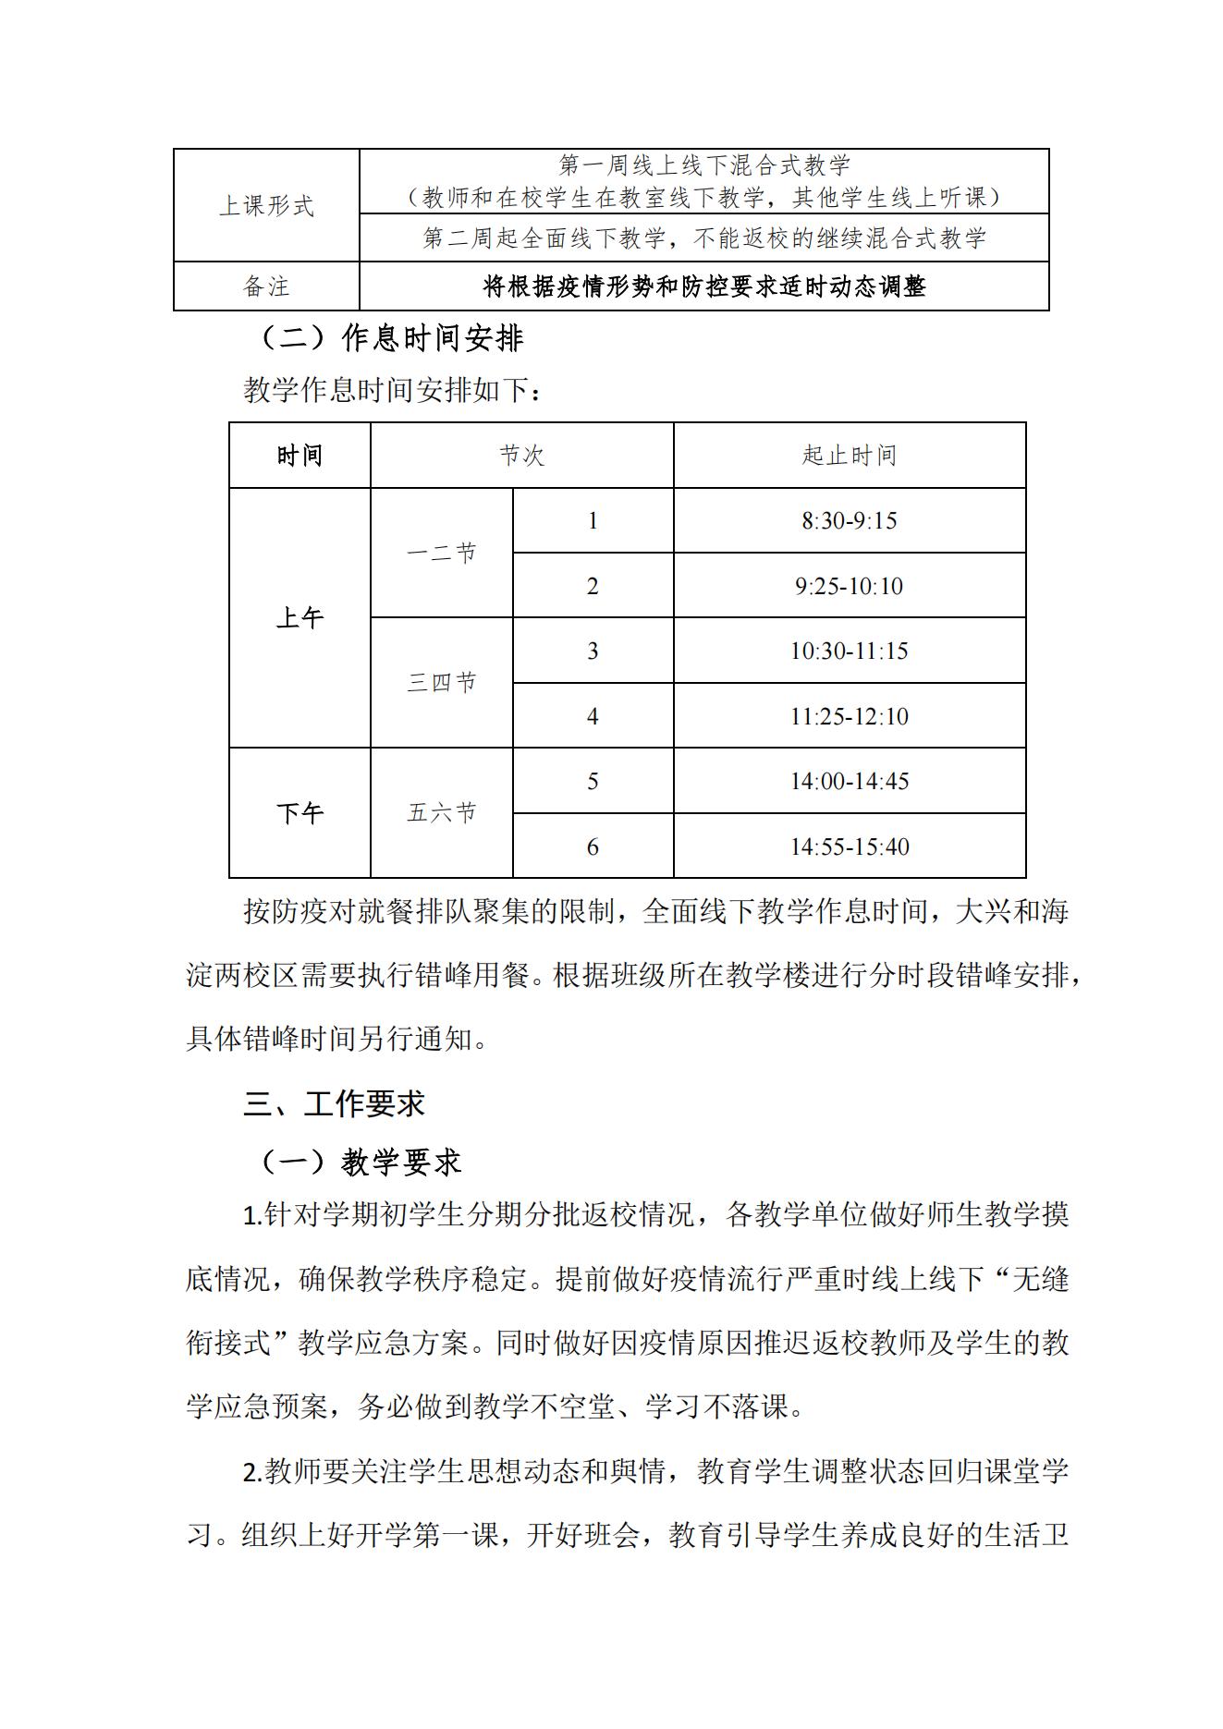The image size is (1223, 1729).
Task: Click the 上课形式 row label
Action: pos(266,205)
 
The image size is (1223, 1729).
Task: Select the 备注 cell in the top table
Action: pos(266,286)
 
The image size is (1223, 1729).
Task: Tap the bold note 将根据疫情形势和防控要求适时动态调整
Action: pos(703,286)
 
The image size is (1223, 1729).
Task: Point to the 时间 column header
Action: pos(300,456)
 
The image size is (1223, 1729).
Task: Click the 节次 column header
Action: pos(521,456)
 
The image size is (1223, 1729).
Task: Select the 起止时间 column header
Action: pos(849,456)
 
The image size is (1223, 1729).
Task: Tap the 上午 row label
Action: pos(300,618)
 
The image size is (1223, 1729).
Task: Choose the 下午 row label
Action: pos(300,813)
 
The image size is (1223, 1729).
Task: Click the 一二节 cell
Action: pos(441,553)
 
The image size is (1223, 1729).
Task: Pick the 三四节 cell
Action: pos(441,683)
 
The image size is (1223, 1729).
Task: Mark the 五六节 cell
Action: pos(441,813)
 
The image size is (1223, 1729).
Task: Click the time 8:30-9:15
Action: pos(849,521)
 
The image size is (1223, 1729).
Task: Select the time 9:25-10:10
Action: pos(849,586)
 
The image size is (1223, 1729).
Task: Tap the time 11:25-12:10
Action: pos(849,716)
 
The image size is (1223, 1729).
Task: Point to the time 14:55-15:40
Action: pos(849,846)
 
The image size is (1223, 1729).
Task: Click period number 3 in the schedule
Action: pos(593,651)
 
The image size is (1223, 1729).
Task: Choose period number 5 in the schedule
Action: pos(593,782)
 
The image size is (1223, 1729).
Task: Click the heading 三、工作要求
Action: pos(334,1103)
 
